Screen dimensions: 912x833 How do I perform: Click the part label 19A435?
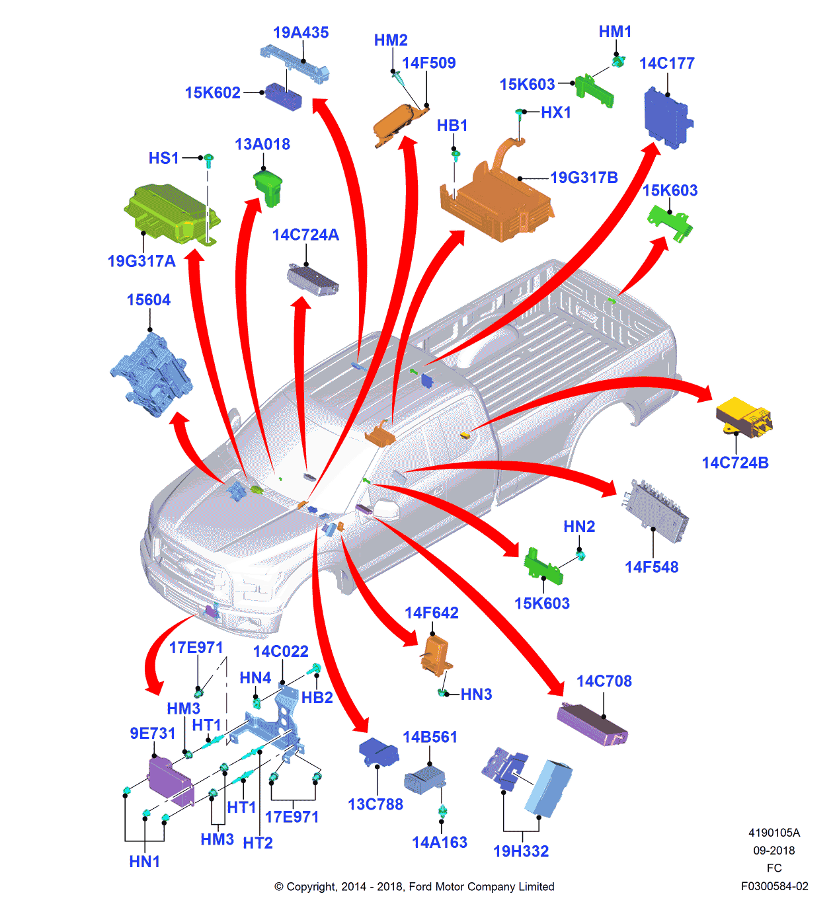pos(301,32)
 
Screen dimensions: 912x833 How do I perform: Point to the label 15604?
pos(149,300)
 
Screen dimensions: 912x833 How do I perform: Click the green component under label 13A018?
pos(268,186)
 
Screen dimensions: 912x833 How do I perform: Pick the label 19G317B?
pos(584,178)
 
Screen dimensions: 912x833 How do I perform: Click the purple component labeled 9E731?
pos(169,780)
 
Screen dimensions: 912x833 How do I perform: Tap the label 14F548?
pos(651,567)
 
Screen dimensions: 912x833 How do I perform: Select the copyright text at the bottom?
pos(415,887)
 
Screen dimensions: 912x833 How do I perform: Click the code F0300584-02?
pos(774,886)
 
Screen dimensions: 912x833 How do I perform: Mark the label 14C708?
pos(604,681)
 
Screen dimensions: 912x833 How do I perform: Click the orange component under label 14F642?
pos(436,655)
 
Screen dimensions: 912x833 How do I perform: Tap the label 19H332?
pos(521,851)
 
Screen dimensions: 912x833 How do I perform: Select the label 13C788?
pos(376,804)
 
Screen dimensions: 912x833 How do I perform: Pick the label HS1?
pos(163,158)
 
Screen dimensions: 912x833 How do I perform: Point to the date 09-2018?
pos(774,851)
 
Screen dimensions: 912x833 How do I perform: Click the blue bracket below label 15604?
pos(152,375)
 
